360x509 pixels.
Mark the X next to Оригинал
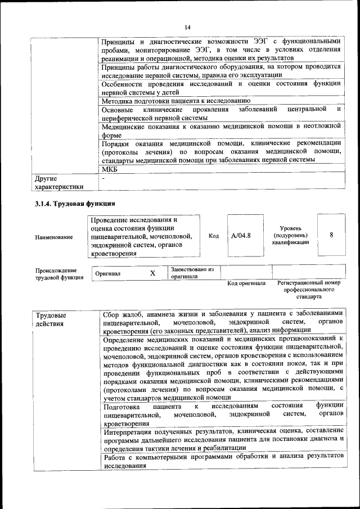click(152, 273)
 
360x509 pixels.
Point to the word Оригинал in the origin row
click(108, 274)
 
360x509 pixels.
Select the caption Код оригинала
click(246, 283)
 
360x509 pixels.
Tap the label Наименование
click(54, 237)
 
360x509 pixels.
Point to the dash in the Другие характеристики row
click(103, 178)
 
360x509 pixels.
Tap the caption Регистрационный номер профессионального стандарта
click(309, 289)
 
